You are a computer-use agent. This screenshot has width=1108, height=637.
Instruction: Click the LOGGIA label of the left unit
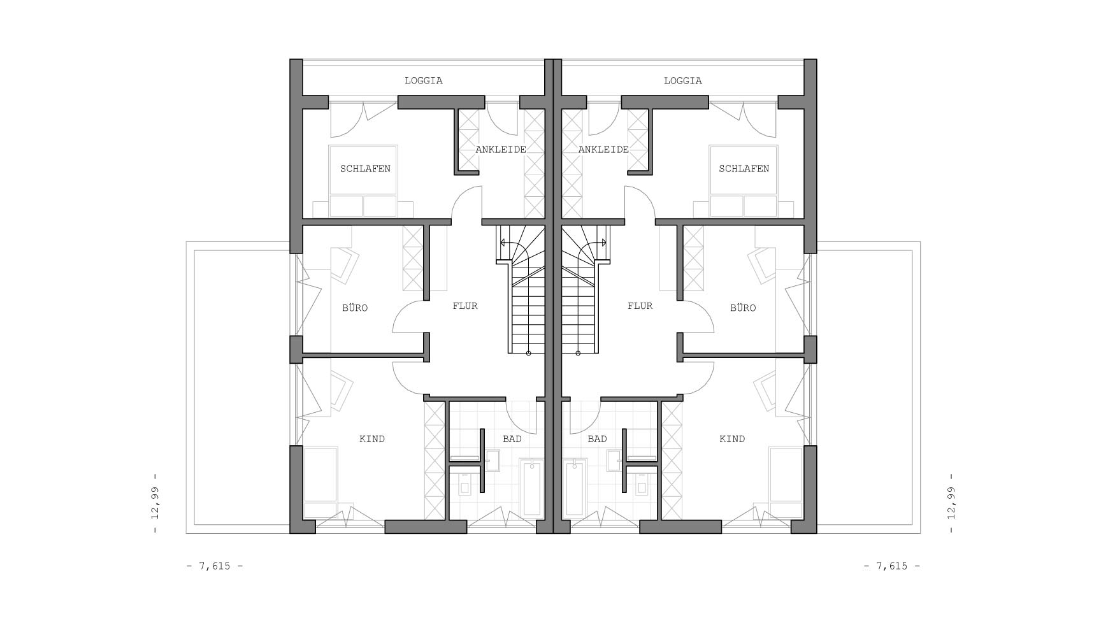point(424,81)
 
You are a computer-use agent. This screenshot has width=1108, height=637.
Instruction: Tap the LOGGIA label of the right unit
point(682,81)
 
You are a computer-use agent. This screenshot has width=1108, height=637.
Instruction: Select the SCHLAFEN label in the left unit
point(365,169)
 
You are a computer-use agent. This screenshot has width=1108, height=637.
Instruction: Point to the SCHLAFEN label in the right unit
point(744,169)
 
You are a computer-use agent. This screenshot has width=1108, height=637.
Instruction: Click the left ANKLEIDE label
point(501,150)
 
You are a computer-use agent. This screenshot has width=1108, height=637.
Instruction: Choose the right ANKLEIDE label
point(603,150)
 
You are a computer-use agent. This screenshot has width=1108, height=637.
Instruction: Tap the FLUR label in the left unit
point(465,306)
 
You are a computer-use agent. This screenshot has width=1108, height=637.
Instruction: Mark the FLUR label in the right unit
point(640,306)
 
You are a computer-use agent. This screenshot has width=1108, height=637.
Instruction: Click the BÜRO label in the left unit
point(355,308)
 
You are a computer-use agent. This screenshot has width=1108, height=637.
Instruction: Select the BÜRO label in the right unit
point(743,308)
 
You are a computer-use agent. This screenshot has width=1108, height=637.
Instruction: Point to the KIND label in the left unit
point(372,439)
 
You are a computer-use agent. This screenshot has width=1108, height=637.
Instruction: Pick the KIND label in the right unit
point(732,439)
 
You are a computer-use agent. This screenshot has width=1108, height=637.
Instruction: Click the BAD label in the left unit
point(512,439)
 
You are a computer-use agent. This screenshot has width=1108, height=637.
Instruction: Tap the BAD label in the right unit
point(597,439)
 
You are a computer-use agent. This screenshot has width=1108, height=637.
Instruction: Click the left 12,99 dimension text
point(155,503)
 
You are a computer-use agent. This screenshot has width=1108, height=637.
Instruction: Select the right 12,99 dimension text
point(951,503)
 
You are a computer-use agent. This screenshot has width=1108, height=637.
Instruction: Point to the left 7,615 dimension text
point(215,566)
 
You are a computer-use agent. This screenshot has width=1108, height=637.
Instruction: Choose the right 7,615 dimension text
point(892,566)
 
